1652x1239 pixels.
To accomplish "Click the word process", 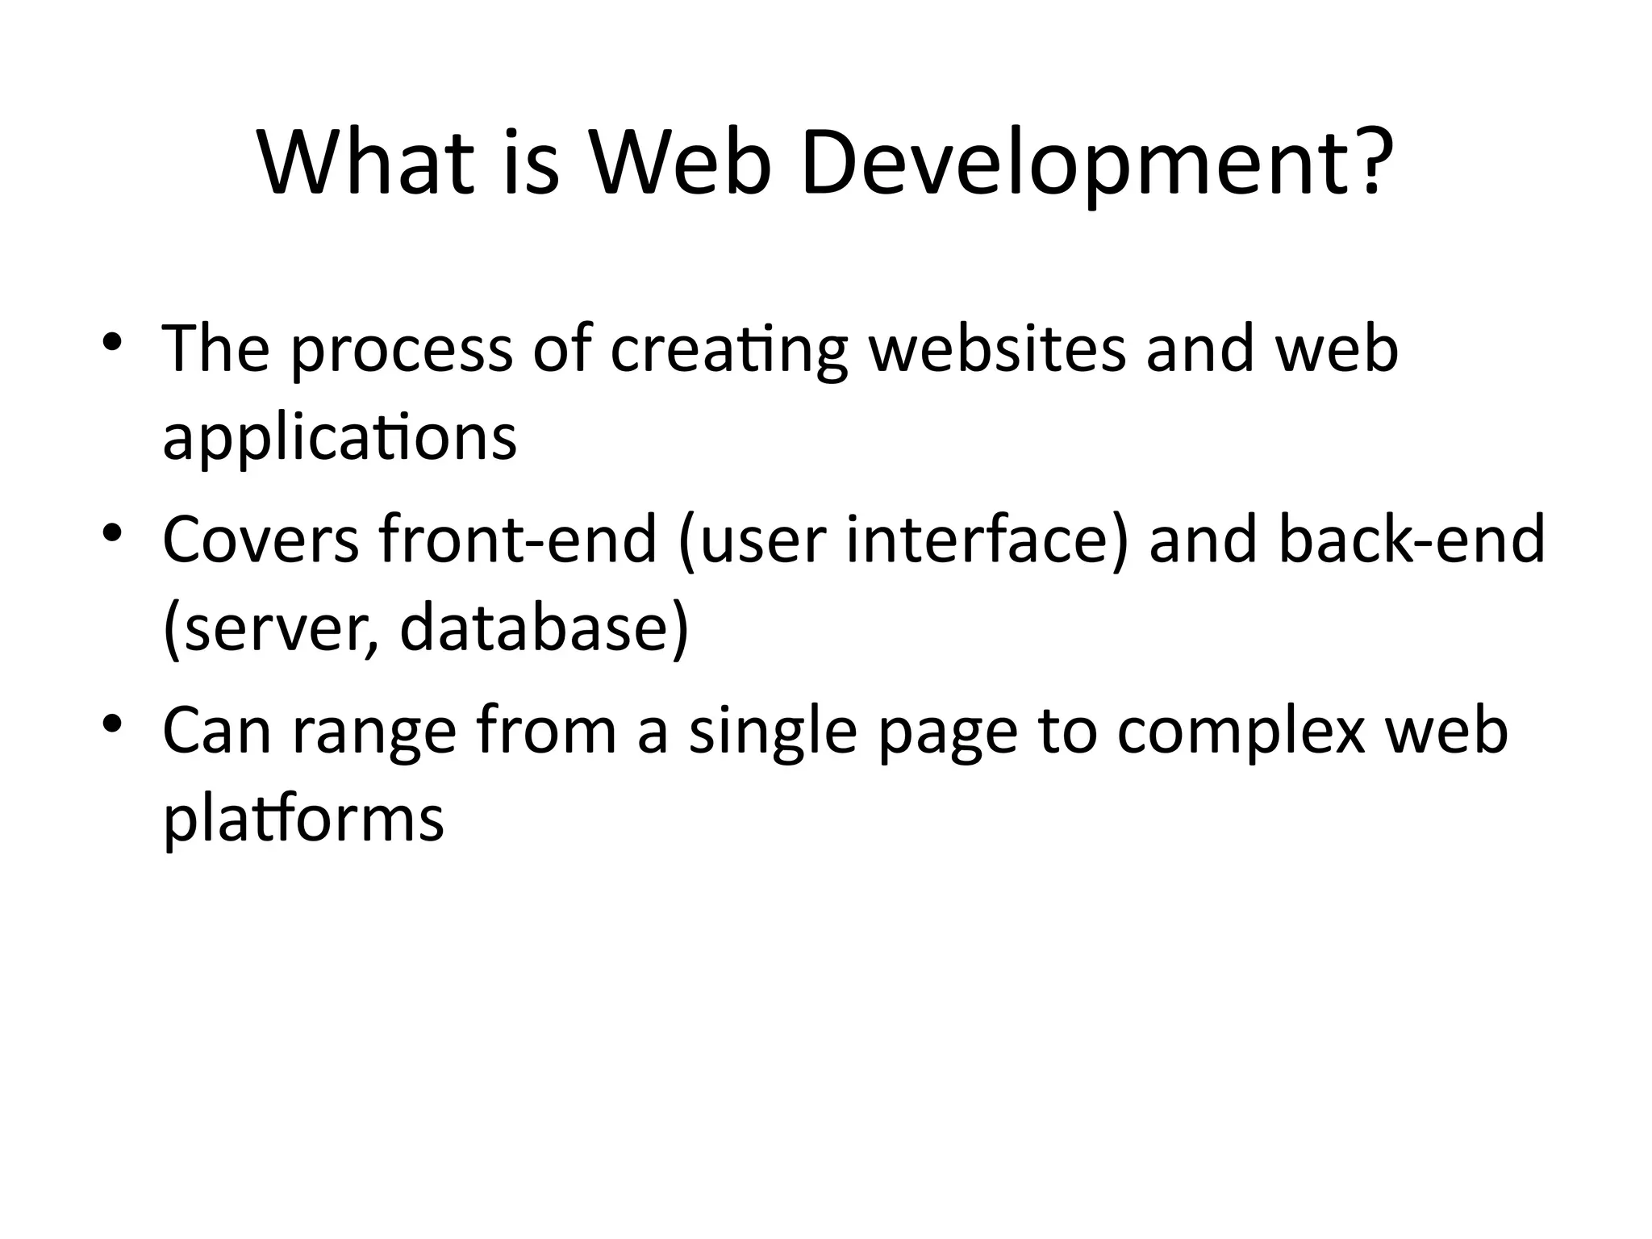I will tap(401, 352).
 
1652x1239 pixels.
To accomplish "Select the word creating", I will tap(728, 352).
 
